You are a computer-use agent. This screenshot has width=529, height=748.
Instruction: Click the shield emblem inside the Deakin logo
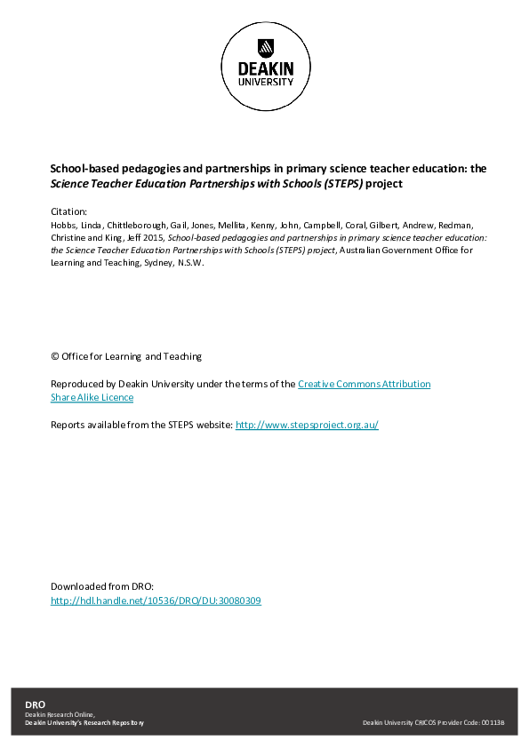click(x=264, y=47)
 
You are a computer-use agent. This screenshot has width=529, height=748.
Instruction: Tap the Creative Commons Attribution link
click(x=364, y=384)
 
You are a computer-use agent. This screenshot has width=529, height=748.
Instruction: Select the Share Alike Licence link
click(x=92, y=397)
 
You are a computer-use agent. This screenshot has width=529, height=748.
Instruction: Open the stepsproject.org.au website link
click(x=307, y=425)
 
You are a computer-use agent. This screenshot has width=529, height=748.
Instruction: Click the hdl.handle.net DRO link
click(x=156, y=601)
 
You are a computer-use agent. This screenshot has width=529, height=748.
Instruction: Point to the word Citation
click(x=68, y=211)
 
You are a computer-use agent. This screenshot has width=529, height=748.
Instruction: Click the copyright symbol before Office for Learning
click(x=55, y=356)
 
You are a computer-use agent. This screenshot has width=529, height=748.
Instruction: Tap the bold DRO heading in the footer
click(x=35, y=704)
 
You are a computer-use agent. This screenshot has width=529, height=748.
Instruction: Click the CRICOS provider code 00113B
click(x=493, y=723)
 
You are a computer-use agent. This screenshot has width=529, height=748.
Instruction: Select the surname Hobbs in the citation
click(x=64, y=226)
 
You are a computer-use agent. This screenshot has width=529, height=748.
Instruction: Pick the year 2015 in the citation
click(x=154, y=238)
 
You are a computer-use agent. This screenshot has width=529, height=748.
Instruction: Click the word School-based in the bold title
click(x=81, y=168)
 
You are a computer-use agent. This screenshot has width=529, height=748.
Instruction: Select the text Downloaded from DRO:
click(x=102, y=586)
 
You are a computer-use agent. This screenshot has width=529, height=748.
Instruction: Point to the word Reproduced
click(x=78, y=384)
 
